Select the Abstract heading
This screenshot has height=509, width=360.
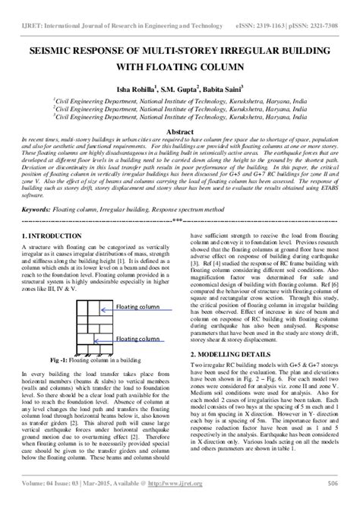pyautogui.click(x=179, y=130)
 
